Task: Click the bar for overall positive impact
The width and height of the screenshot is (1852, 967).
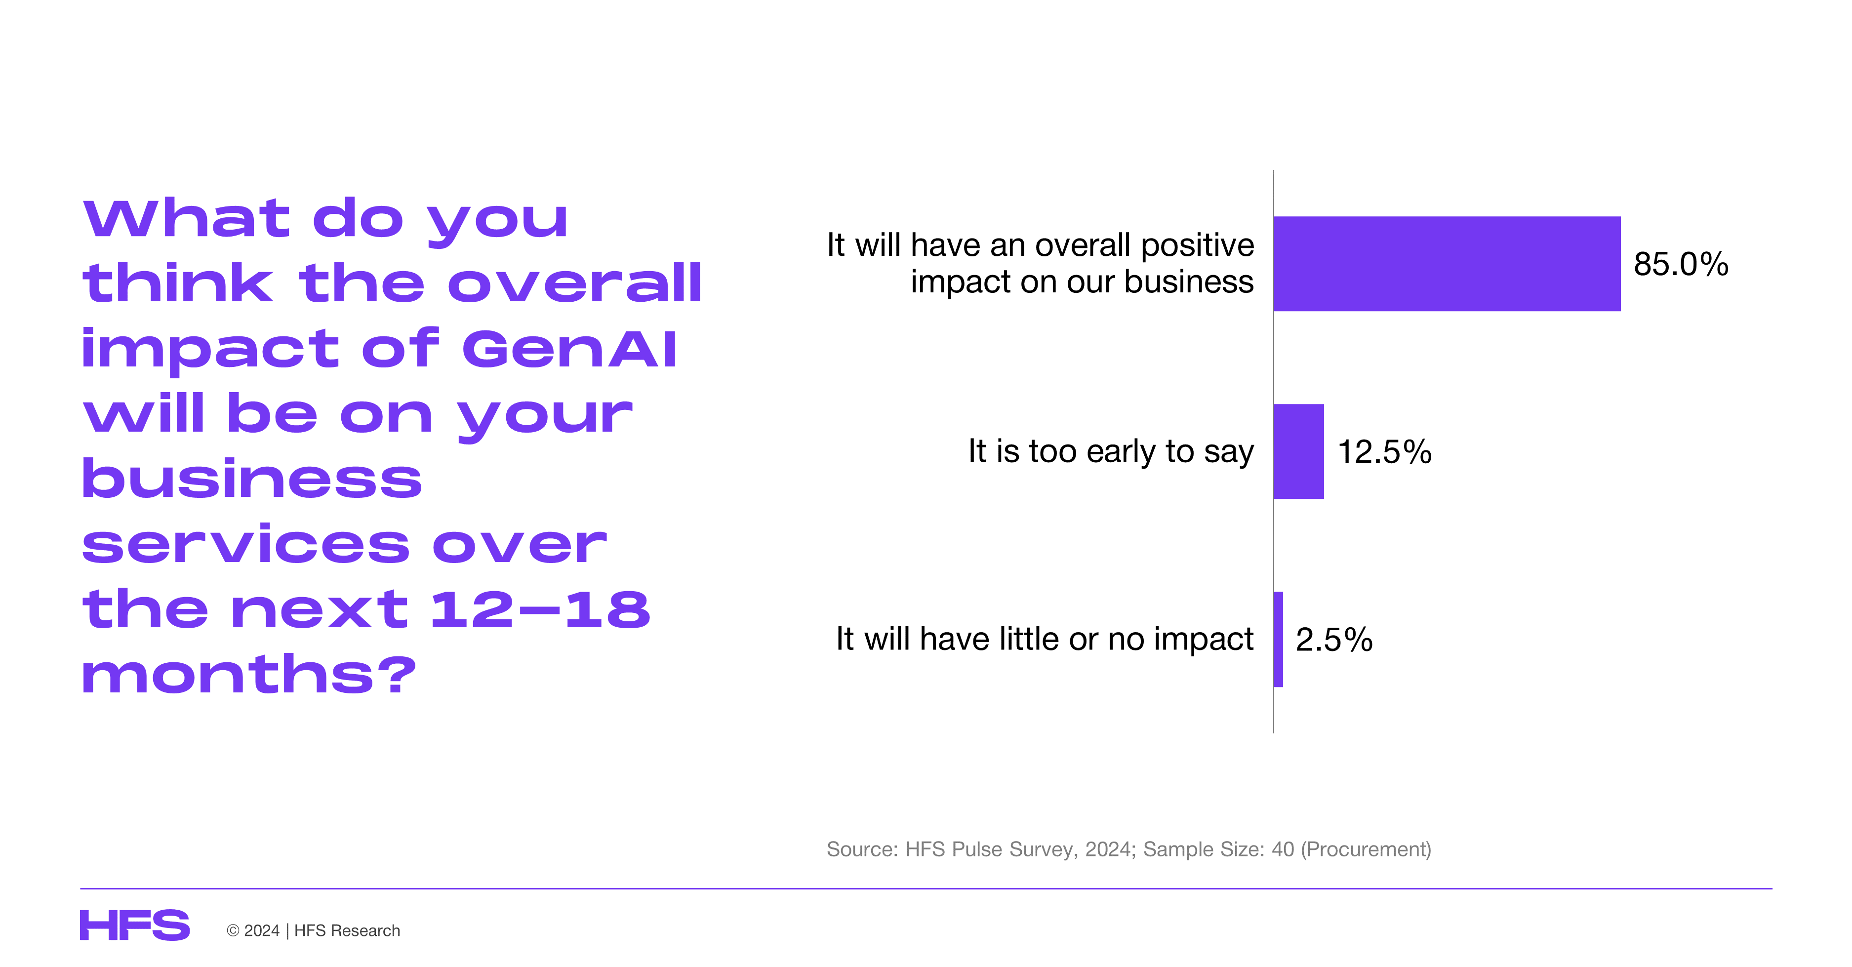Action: tap(1447, 264)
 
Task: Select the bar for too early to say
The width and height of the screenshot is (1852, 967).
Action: tap(1298, 451)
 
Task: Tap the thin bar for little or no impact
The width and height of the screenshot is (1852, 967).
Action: tap(1278, 639)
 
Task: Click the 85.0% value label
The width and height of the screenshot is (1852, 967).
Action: tap(1681, 264)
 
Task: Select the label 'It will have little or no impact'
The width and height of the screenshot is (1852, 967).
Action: tap(1045, 639)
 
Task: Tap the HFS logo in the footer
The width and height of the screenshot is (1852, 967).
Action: tap(134, 926)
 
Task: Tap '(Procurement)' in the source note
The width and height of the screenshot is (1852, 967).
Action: tap(1366, 850)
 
